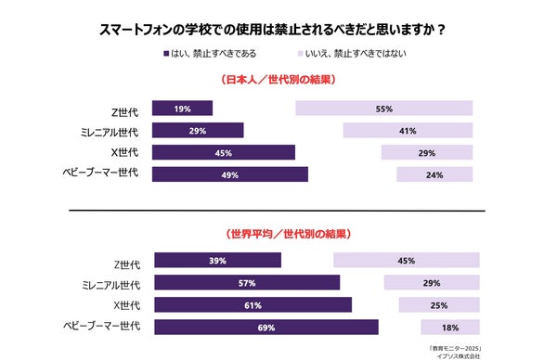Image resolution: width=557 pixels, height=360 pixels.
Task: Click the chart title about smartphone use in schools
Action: coord(278,29)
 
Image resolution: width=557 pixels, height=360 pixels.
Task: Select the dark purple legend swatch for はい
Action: coord(163,54)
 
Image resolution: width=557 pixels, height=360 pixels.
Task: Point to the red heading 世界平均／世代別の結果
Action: coord(278,235)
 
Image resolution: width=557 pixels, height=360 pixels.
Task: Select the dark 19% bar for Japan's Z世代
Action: coord(182,109)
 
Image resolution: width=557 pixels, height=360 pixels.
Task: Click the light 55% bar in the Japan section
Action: coord(383,109)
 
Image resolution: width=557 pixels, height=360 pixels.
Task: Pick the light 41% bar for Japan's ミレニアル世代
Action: coord(407,131)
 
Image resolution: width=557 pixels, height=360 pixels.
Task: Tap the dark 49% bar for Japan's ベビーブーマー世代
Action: coord(229,174)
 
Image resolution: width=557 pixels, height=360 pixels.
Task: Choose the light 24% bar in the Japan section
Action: coord(434,174)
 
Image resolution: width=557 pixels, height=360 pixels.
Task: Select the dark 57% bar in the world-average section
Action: coord(246,283)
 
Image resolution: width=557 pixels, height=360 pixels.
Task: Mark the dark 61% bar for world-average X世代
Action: coord(253,305)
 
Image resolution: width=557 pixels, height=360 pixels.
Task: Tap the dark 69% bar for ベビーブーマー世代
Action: coord(266,327)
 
